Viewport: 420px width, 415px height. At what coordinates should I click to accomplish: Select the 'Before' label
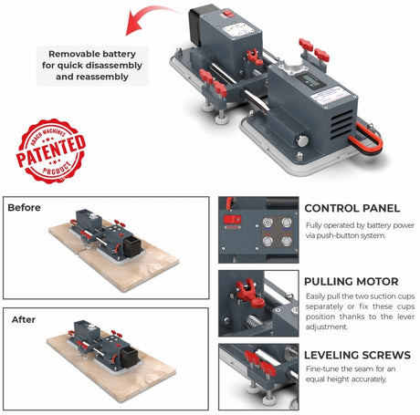25,208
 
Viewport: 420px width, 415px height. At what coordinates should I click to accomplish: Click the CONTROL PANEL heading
352,208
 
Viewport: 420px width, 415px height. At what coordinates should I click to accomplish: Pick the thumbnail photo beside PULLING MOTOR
258,303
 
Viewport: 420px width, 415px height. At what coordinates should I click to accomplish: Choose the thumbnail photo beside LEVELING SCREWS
258,375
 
